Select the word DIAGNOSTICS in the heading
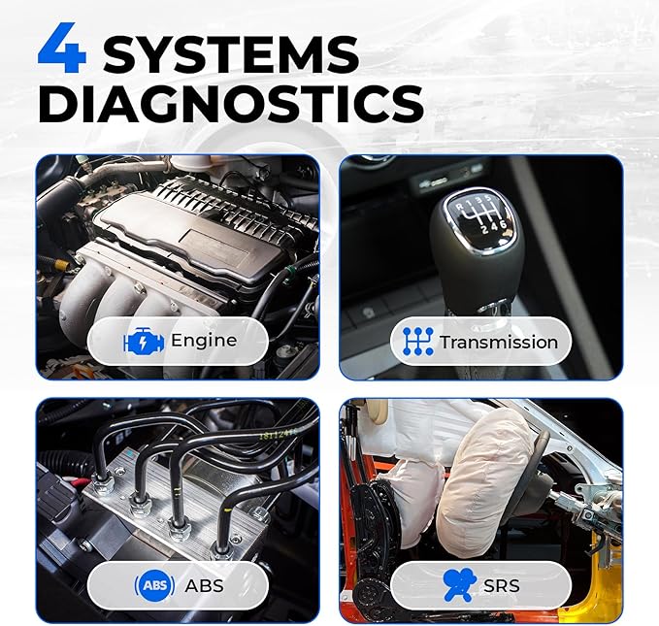[x=230, y=105]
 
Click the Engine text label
[x=203, y=341]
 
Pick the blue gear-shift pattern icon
[x=417, y=342]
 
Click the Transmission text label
[x=498, y=342]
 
